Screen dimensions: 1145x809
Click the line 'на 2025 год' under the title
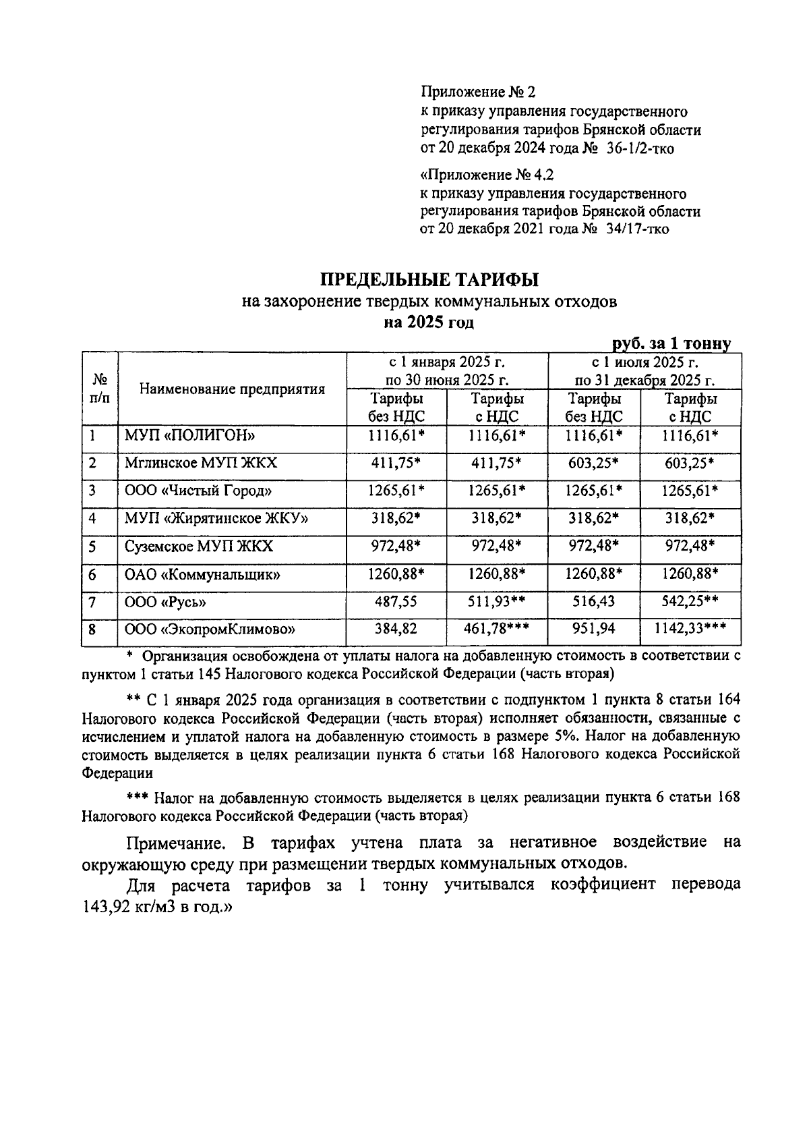[x=429, y=322]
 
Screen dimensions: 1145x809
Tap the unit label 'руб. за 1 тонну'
[x=671, y=343]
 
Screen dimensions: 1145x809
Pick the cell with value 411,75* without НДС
[x=396, y=463]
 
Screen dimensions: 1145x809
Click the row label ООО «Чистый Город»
[x=198, y=491]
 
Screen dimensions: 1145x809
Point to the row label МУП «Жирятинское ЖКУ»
[x=216, y=518]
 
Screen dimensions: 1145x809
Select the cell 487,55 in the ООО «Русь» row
[x=396, y=602]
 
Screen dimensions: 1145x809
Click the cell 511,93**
[x=497, y=602]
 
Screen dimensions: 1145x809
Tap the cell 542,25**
[x=690, y=602]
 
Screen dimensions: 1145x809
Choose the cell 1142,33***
[x=690, y=630]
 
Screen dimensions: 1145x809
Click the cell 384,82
[x=396, y=630]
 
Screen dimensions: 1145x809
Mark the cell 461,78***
[x=497, y=630]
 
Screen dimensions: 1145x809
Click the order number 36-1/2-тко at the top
[x=640, y=148]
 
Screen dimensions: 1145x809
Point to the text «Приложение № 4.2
[x=486, y=175]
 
